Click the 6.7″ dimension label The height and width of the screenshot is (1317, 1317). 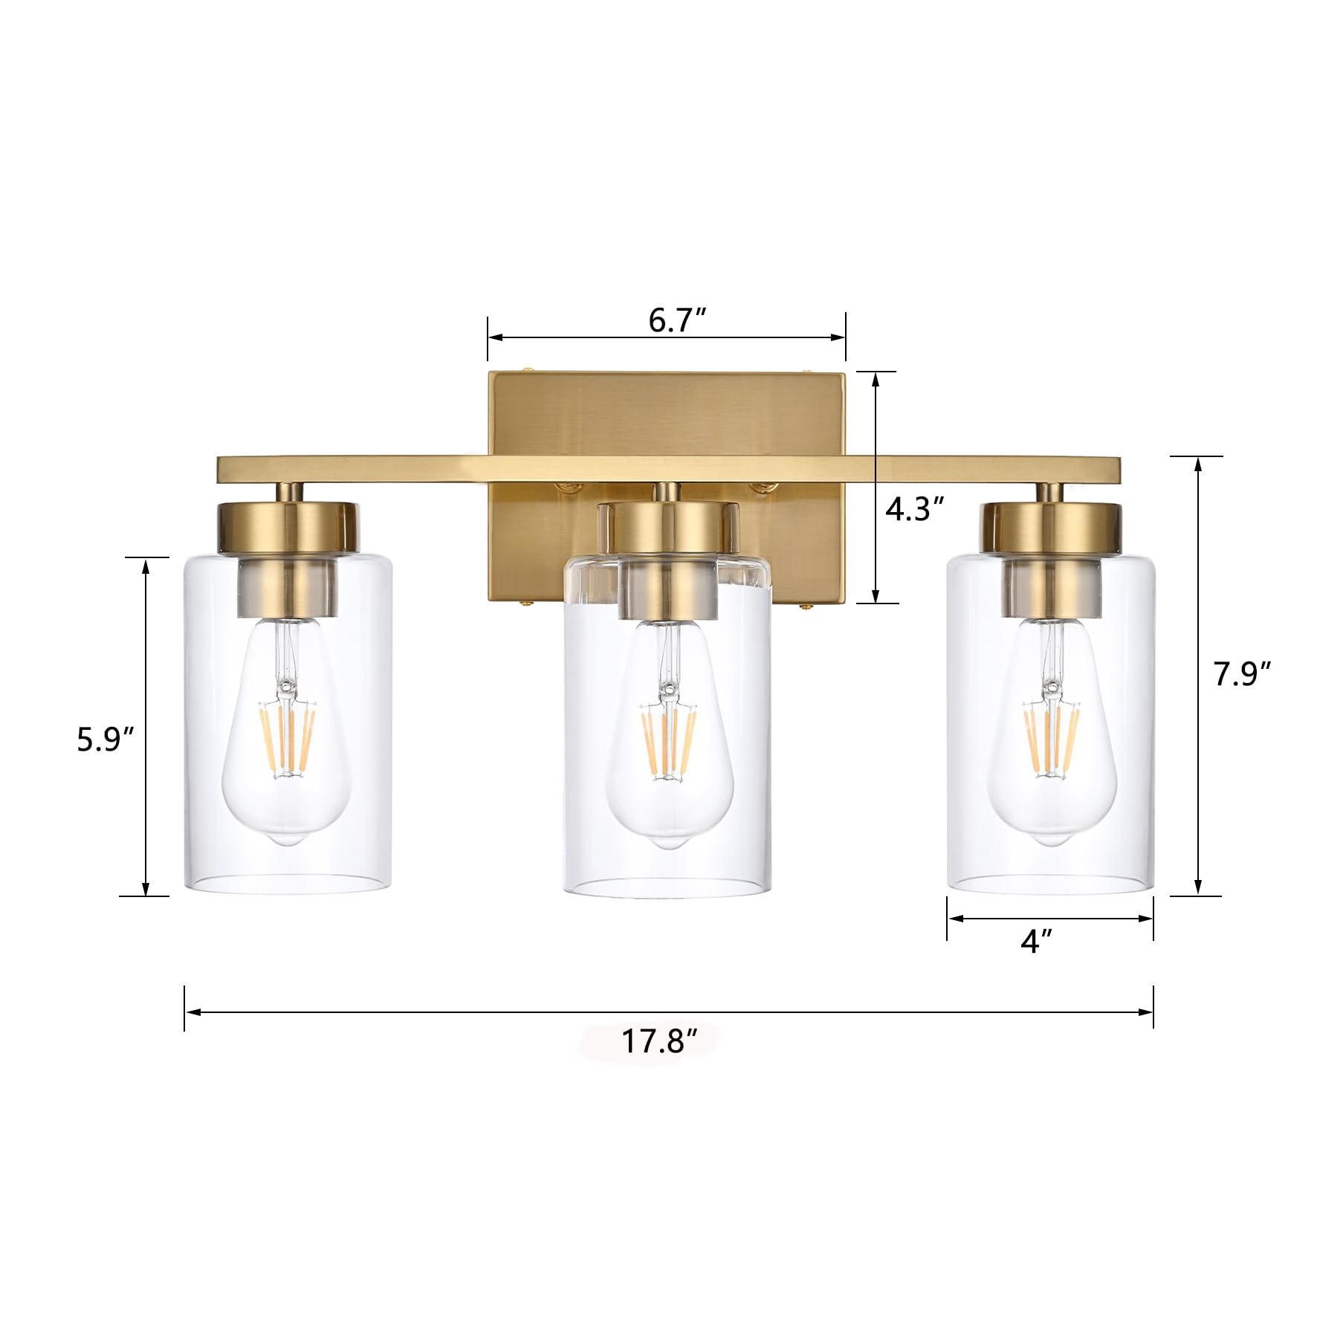coord(676,321)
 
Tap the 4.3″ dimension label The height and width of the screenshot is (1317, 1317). coord(914,509)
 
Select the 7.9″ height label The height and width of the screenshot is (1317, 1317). coord(1242,674)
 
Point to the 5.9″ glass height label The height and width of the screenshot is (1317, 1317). coord(106,740)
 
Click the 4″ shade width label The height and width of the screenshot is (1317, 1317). coord(1036,942)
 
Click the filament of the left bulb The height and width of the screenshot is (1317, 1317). coord(287,740)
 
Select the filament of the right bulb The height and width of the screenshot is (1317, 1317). coord(1051,740)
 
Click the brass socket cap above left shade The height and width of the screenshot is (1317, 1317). coord(288,527)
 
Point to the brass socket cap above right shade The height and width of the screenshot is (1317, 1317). coord(1050,527)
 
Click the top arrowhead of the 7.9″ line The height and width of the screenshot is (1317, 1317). coord(1197,463)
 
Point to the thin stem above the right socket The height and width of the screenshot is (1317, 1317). coord(1049,492)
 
